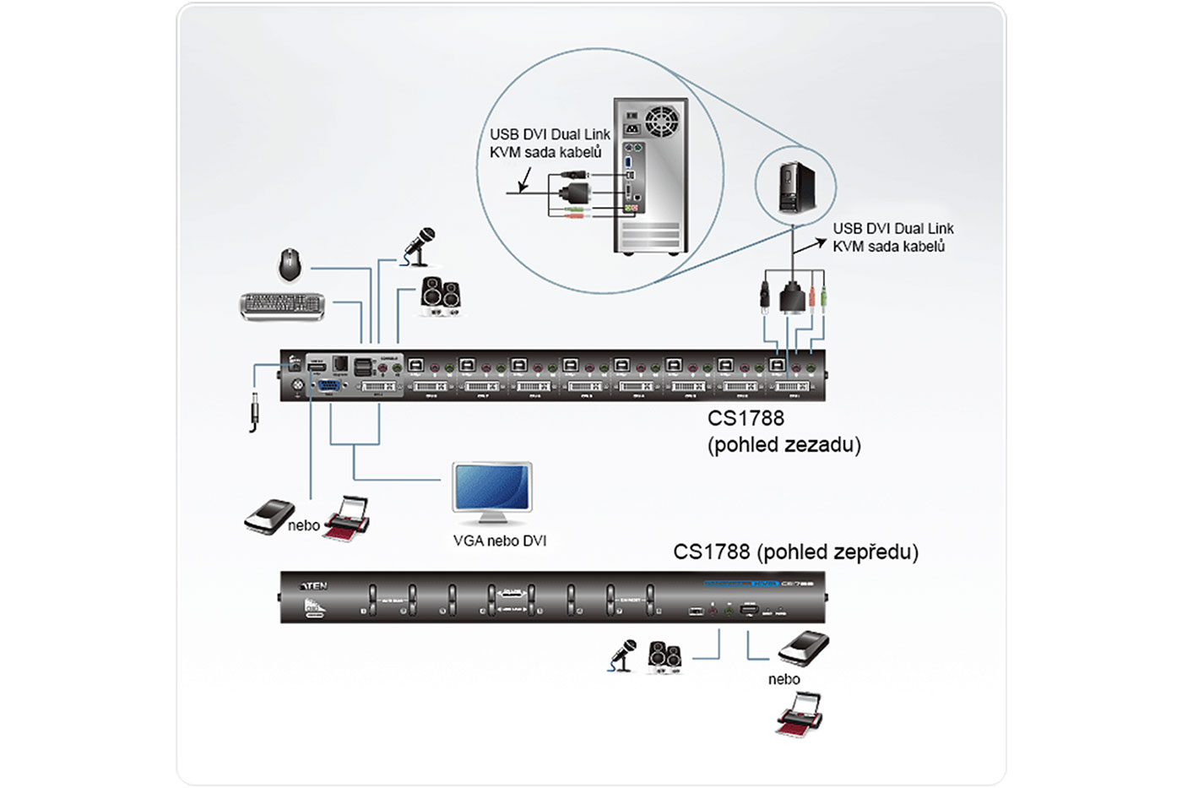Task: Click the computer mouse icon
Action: point(290,264)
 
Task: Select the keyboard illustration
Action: point(282,305)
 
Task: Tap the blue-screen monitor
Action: point(492,489)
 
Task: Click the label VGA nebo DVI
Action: point(500,541)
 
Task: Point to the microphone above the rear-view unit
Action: point(419,245)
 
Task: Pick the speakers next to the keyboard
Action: point(441,296)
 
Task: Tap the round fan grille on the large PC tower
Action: point(662,121)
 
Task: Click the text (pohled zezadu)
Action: point(783,444)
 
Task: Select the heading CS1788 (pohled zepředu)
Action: point(795,552)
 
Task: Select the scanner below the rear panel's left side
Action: point(268,515)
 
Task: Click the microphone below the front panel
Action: point(622,655)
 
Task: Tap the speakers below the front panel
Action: point(664,657)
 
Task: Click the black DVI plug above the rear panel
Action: point(792,298)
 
